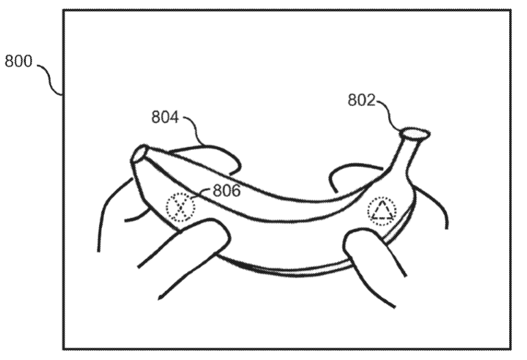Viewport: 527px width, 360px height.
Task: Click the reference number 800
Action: (x=18, y=61)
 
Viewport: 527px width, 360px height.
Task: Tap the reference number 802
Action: (x=361, y=100)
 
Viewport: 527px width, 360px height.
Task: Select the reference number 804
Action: (x=165, y=117)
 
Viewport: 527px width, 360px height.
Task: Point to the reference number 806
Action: (x=227, y=190)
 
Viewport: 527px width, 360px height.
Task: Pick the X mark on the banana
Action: (x=181, y=207)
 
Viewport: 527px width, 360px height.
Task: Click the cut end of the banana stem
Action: (x=415, y=133)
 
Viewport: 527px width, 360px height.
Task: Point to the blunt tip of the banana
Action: (x=139, y=153)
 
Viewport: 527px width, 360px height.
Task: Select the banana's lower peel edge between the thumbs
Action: (x=285, y=269)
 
